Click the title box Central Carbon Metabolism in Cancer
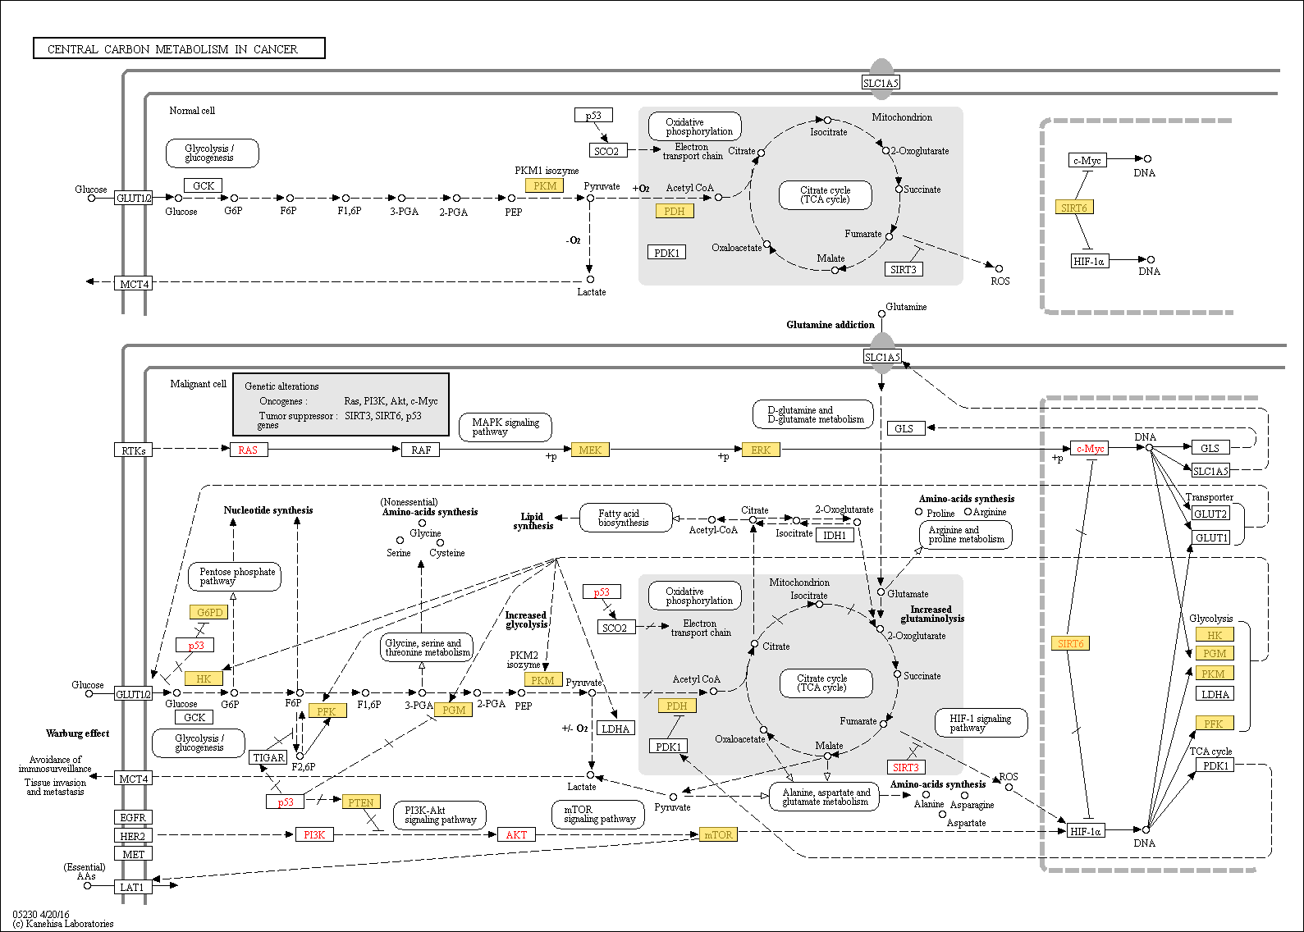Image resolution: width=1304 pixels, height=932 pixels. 179,48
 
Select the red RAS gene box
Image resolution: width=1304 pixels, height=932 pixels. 249,450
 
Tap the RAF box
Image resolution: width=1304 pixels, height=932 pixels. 420,450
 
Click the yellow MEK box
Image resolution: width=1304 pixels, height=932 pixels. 590,450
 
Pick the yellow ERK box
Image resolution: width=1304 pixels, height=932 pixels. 761,450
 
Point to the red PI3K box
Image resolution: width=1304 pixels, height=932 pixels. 314,834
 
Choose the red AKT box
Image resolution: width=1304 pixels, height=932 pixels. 516,834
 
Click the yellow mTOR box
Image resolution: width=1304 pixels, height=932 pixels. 718,834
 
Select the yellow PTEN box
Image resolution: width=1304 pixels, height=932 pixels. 361,802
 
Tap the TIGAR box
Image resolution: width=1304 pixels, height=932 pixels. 268,757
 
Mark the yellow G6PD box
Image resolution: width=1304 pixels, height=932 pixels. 209,612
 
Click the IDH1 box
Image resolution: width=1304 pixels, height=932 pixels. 835,534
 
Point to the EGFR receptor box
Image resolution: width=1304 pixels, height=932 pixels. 133,817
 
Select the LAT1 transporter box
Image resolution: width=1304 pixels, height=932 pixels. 133,887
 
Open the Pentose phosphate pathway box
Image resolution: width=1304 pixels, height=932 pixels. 236,576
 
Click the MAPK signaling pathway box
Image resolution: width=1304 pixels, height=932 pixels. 505,427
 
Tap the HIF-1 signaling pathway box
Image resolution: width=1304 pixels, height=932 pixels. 981,723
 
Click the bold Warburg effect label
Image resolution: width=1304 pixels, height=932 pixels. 77,733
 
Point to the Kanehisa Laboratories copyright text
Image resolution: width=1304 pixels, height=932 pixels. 63,923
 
